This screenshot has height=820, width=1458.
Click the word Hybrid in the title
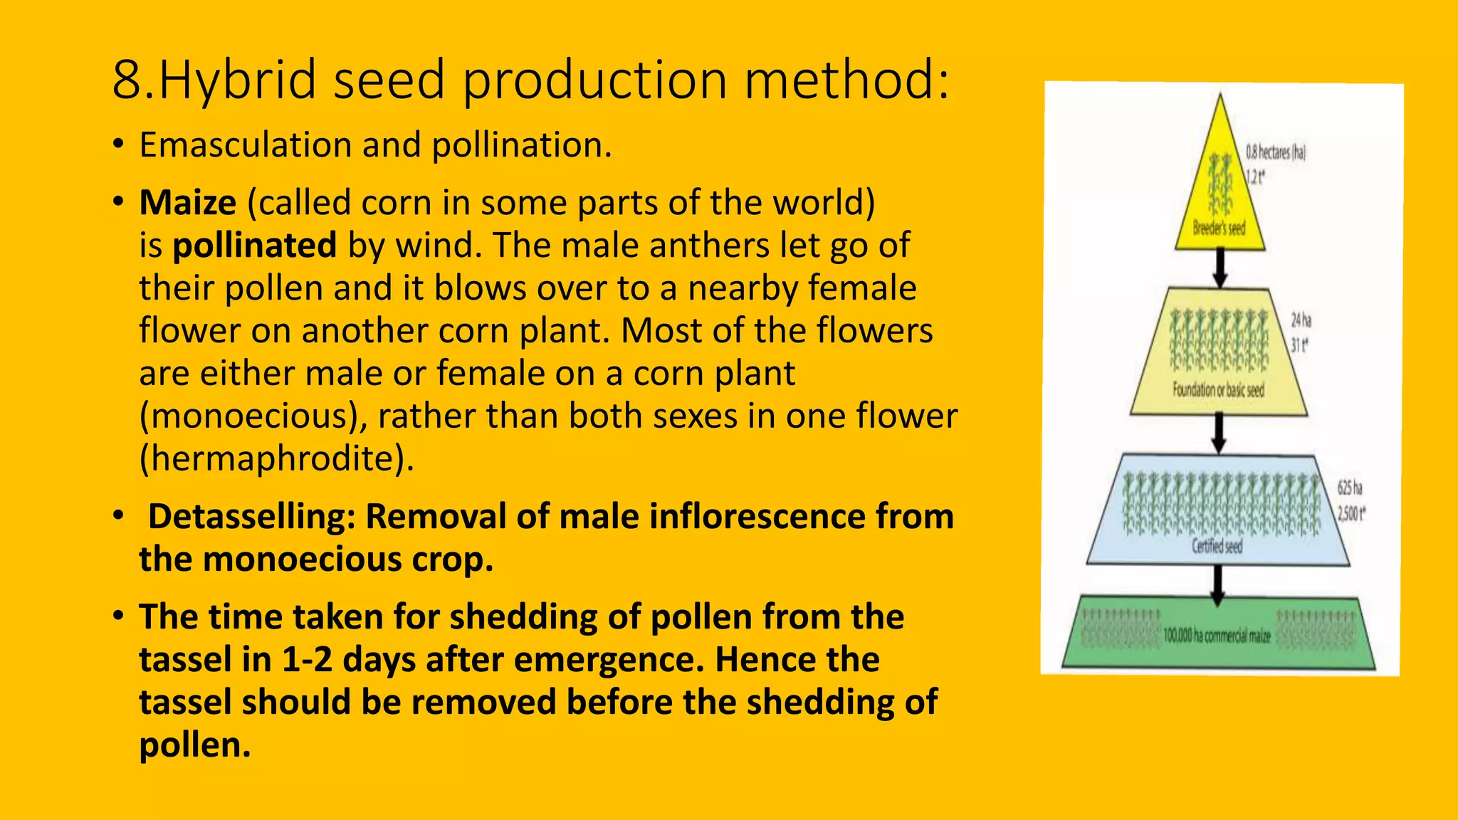pos(237,80)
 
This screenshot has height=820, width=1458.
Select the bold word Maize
pos(187,203)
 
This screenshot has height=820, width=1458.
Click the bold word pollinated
pos(254,246)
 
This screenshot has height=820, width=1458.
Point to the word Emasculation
pos(245,145)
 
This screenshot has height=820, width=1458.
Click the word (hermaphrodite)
pos(276,458)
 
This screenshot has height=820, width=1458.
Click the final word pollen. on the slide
pos(195,745)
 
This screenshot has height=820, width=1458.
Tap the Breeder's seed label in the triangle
pos(1220,228)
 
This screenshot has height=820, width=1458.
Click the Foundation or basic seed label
pos(1218,390)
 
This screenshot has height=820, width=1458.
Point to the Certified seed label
pos(1217,547)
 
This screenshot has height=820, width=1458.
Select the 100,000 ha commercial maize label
pos(1217,636)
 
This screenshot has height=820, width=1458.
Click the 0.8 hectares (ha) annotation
pos(1275,152)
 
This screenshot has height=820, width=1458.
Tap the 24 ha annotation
pos(1301,320)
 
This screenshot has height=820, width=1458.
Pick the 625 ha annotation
pos(1349,488)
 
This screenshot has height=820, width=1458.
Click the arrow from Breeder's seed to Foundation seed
pos(1220,268)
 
